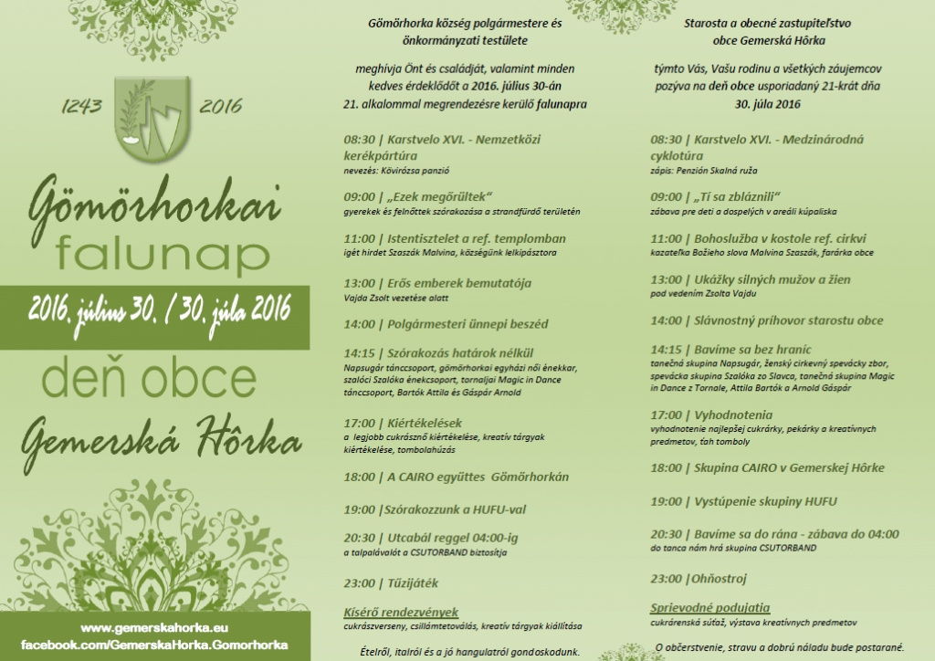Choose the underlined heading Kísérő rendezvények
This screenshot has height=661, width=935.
click(x=400, y=612)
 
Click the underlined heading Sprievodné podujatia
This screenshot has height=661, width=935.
click(x=709, y=607)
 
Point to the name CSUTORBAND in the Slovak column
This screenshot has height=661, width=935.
click(x=786, y=548)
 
